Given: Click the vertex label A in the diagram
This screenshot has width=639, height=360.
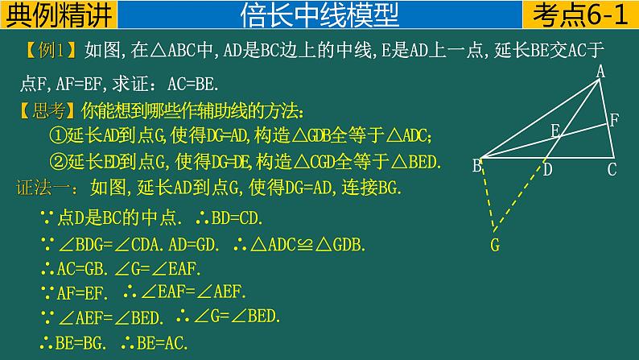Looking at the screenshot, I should [600, 72].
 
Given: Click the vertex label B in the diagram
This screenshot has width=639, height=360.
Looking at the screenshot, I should [476, 167].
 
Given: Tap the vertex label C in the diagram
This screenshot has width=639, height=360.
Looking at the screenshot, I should [612, 169].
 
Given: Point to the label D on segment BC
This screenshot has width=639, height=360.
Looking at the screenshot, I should [546, 170].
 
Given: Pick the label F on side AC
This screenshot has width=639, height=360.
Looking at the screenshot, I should [614, 122].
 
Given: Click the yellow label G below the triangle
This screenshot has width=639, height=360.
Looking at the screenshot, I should [494, 244].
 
